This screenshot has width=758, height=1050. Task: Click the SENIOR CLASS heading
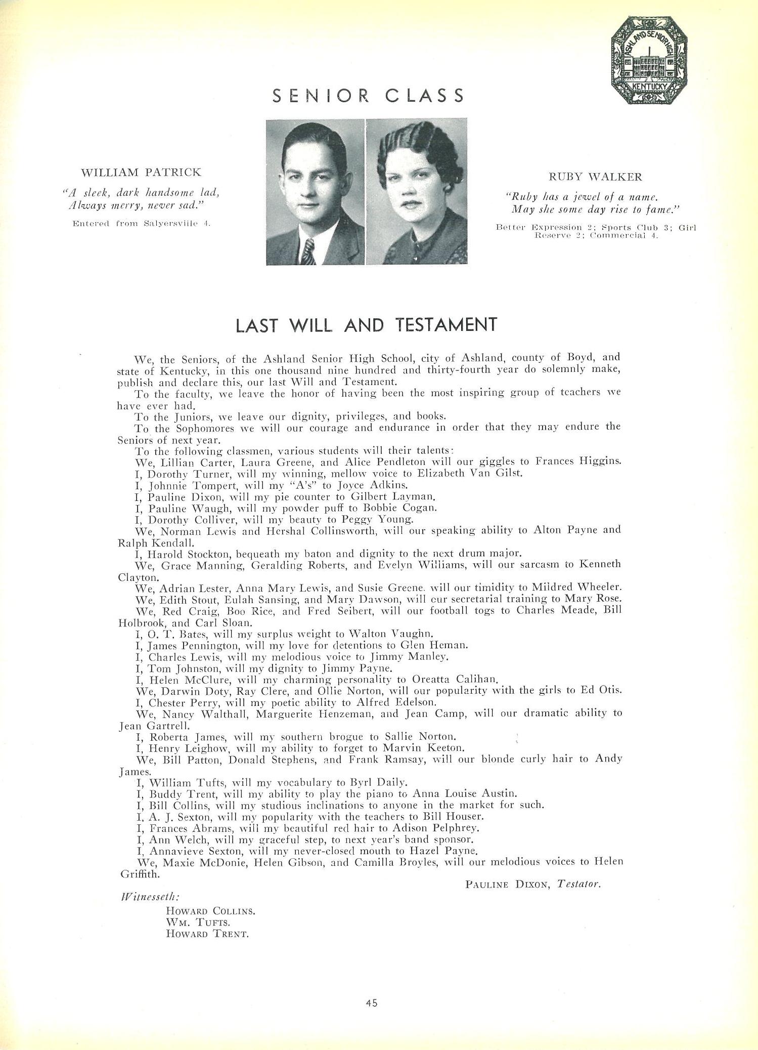click(x=368, y=95)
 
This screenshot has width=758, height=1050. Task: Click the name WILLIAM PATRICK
click(x=141, y=172)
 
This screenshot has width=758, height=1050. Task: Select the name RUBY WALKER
click(x=595, y=177)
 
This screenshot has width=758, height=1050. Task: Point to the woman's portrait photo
click(x=417, y=192)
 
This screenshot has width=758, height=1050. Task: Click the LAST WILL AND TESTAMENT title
click(x=367, y=325)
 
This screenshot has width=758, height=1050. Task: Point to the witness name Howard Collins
click(x=210, y=911)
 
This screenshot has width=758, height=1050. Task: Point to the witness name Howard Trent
click(x=207, y=934)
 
